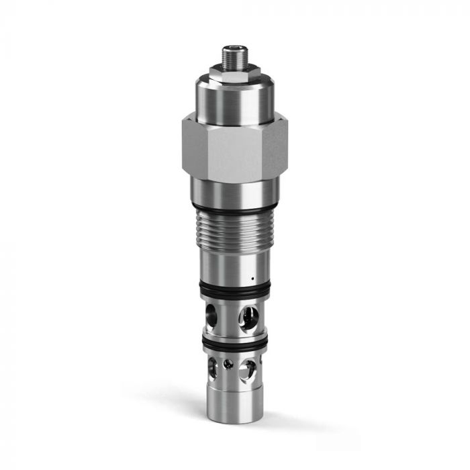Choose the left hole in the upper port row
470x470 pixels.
(x=212, y=313)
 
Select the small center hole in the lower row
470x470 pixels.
(x=229, y=364)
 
